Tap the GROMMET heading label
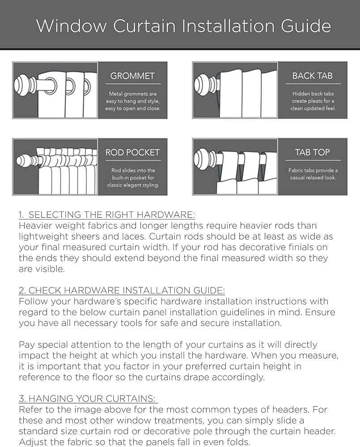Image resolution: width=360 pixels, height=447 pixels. [x=132, y=76]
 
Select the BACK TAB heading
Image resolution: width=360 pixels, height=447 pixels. [x=312, y=76]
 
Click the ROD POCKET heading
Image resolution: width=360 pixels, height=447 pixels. [x=132, y=152]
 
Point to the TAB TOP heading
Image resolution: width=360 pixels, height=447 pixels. [x=312, y=152]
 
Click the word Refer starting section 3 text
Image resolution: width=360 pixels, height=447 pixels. [x=30, y=409]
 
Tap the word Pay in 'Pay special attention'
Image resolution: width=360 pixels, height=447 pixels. [x=26, y=345]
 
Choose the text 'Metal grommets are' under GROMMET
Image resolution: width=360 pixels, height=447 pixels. [x=132, y=94]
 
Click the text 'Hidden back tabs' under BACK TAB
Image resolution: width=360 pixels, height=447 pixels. [x=313, y=94]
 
